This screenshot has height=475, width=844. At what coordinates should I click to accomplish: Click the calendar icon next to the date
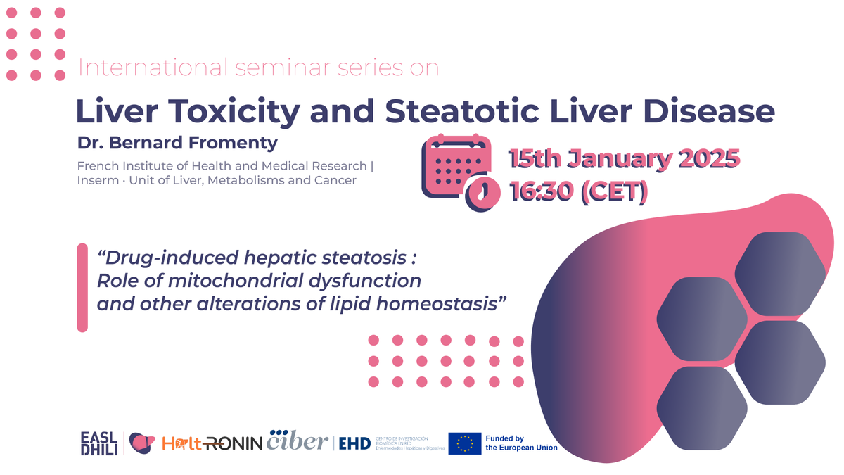(456, 170)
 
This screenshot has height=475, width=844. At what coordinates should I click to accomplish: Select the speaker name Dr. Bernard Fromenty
(177, 143)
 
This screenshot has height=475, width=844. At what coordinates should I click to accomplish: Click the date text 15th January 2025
(623, 160)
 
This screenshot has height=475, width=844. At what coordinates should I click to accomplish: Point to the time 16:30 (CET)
(578, 191)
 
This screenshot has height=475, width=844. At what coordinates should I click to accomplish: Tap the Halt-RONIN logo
(212, 443)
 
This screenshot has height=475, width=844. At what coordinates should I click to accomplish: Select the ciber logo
(297, 441)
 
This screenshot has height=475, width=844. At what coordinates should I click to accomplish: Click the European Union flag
(464, 443)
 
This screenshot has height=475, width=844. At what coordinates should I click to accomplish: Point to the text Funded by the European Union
(521, 443)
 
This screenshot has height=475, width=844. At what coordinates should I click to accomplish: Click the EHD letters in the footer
(354, 443)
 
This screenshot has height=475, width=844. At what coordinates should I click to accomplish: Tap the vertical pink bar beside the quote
(82, 287)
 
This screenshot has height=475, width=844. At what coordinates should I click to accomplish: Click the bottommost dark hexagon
(701, 407)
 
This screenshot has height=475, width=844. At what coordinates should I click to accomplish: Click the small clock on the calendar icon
(480, 191)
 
